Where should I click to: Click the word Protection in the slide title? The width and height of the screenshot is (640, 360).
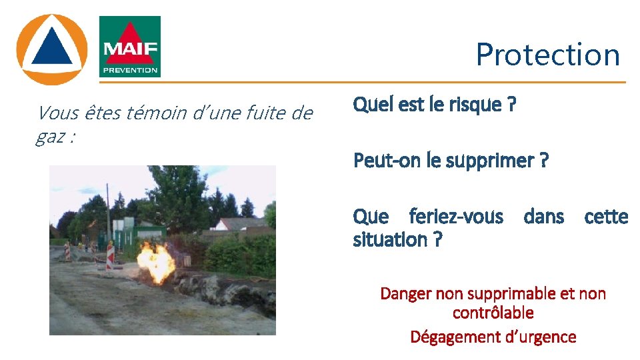coord(547,55)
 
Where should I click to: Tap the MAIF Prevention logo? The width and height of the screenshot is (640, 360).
coord(129,47)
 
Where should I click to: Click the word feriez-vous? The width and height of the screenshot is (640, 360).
coord(456,217)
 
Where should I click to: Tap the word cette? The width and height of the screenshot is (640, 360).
coord(605,217)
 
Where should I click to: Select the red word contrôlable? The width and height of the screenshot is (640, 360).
coord(493,313)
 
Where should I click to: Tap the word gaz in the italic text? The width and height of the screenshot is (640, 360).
coord(51,137)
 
